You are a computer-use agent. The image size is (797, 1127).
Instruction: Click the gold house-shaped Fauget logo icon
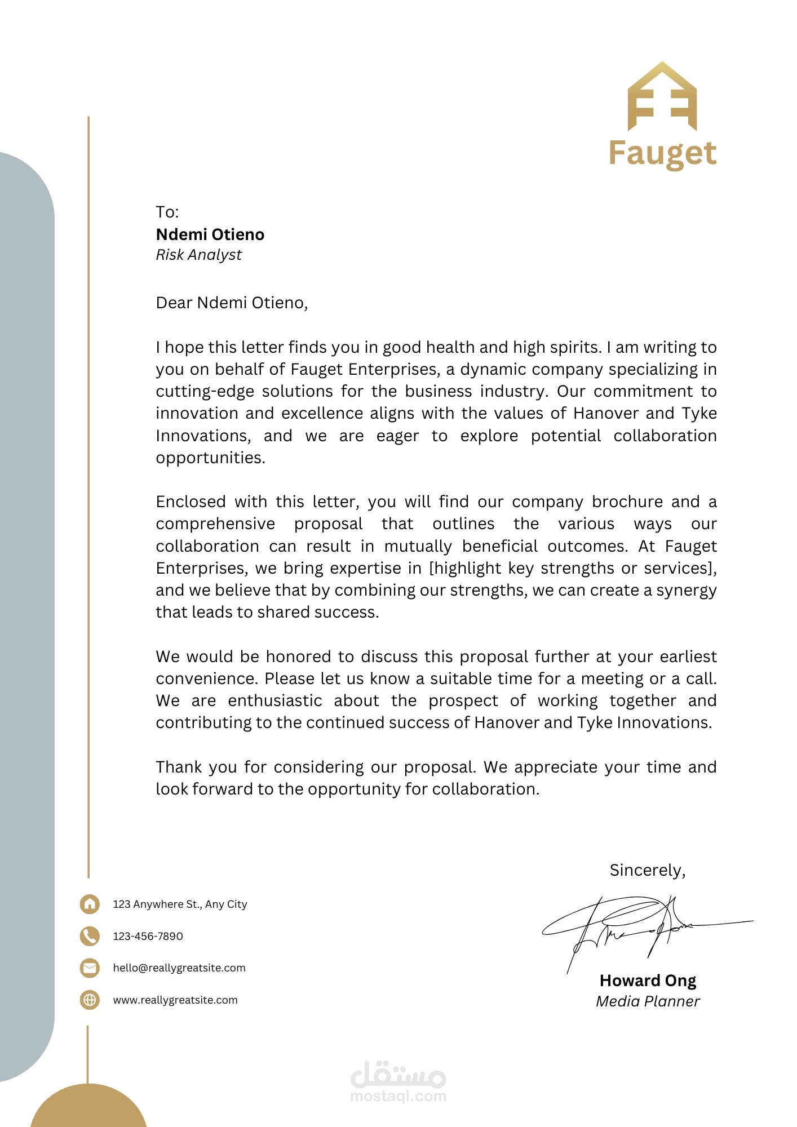[662, 97]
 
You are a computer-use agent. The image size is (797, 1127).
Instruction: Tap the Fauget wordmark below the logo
[662, 153]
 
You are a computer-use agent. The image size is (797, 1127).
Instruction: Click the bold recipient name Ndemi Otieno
[210, 234]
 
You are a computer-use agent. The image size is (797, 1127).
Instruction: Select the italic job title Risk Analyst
[198, 255]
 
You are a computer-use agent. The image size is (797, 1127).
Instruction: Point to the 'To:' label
[167, 212]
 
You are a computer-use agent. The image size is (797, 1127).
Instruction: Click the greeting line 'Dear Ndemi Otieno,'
[232, 303]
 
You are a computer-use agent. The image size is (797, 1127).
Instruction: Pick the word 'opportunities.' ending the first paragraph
[210, 458]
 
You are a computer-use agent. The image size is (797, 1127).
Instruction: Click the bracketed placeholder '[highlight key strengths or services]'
[572, 568]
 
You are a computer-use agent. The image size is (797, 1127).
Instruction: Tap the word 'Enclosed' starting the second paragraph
[191, 502]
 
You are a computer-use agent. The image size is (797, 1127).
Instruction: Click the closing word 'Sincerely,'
[647, 871]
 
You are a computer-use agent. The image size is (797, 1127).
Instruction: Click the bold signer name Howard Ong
[648, 980]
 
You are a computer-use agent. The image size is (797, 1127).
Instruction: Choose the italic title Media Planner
[648, 1001]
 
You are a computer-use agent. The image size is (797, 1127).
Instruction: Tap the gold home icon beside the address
[90, 904]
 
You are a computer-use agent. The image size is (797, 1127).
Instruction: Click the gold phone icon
[90, 936]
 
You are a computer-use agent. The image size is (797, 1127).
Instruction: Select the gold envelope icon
[90, 968]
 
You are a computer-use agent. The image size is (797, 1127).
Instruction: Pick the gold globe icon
[90, 1000]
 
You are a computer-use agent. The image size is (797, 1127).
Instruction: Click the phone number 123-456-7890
[148, 936]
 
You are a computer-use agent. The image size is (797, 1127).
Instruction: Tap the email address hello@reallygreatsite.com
[179, 968]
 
